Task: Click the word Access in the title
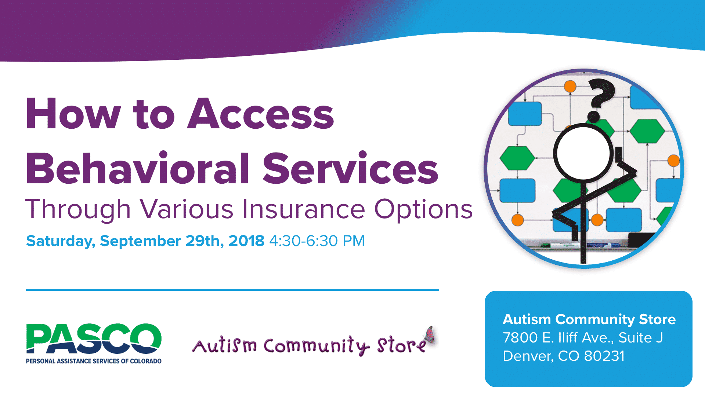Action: coord(261,114)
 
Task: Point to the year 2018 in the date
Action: coord(246,241)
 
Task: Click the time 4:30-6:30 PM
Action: coord(317,241)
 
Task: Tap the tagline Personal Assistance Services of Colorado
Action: coord(94,361)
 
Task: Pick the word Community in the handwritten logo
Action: coord(316,346)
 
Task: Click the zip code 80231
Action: coord(604,356)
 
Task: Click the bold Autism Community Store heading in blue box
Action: coord(589,319)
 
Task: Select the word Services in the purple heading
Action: coord(350,168)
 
